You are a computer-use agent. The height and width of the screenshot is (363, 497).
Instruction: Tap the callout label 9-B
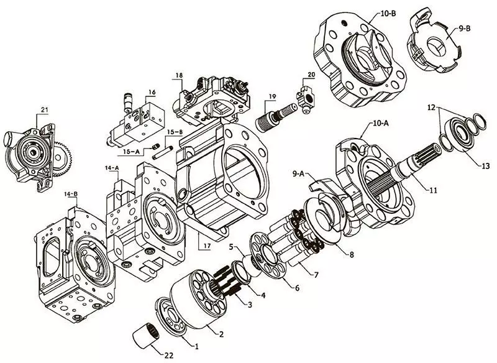click(465, 28)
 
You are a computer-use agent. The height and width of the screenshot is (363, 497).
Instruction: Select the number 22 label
click(169, 356)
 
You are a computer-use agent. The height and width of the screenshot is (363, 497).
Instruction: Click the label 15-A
click(131, 152)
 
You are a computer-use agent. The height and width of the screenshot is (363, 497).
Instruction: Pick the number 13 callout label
click(485, 166)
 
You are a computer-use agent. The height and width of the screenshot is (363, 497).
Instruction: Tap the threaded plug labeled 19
click(274, 117)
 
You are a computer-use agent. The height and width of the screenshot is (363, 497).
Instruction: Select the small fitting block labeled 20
click(306, 99)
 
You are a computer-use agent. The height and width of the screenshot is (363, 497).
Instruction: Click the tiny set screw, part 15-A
click(155, 147)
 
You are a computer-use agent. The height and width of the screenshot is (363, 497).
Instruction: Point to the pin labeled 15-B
click(162, 152)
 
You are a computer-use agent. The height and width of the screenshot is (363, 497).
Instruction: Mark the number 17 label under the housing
click(207, 246)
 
